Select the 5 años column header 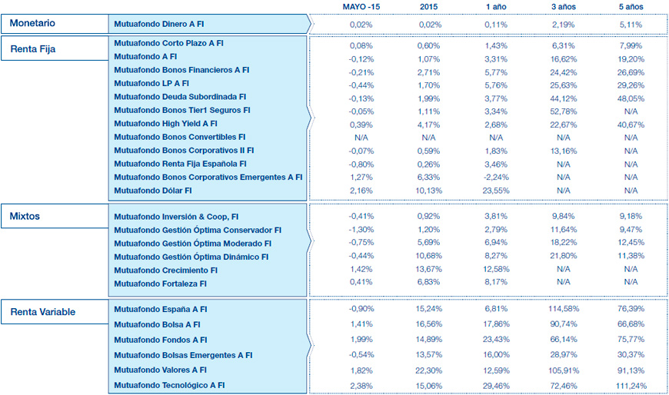[x=631, y=7]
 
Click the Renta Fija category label [x=33, y=49]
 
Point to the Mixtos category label [x=26, y=216]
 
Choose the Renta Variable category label [x=43, y=312]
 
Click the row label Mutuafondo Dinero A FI [x=158, y=25]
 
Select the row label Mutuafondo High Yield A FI [x=165, y=123]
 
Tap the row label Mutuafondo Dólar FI [x=152, y=190]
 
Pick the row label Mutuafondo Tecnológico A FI [x=169, y=385]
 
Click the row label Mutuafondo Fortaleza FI [x=160, y=284]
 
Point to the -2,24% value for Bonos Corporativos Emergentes [x=496, y=176]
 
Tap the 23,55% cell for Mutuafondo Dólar [x=496, y=190]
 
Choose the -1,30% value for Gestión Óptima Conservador [x=361, y=230]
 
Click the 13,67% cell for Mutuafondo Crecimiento [x=429, y=270]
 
